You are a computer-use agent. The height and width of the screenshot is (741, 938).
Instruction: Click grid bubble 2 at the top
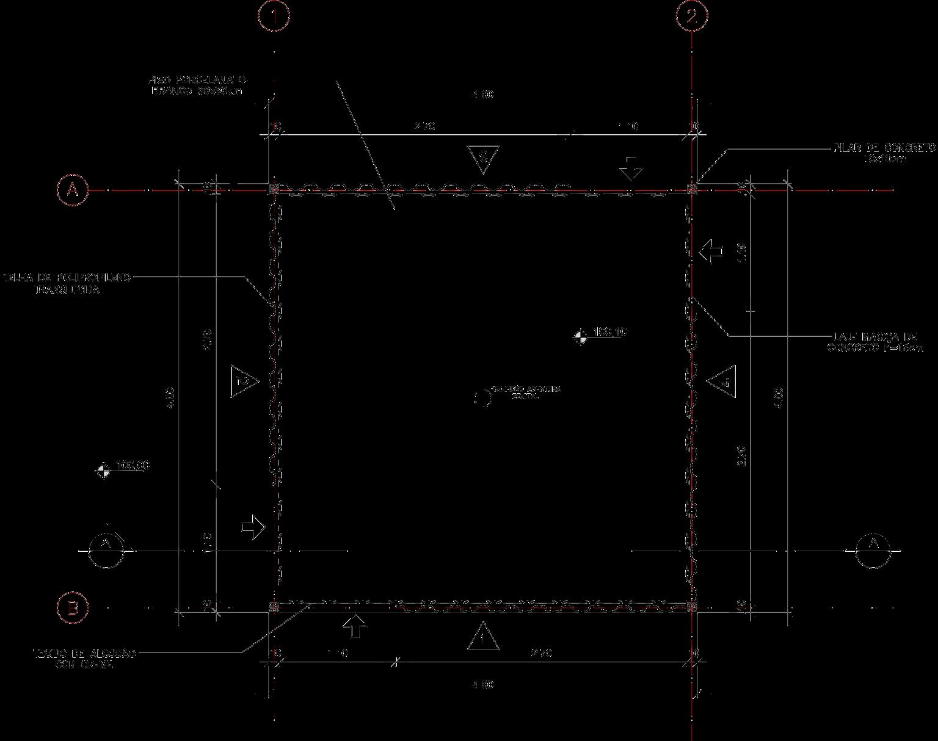tap(691, 16)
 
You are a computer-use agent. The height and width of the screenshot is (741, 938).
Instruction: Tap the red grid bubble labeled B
tap(73, 608)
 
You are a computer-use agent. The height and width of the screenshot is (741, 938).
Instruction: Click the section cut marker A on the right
tap(873, 551)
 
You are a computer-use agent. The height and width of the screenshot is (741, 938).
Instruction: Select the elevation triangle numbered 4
tap(722, 381)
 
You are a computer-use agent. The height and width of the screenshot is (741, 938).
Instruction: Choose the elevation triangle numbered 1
tap(483, 637)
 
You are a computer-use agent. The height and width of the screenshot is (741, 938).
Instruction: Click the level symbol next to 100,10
tap(580, 336)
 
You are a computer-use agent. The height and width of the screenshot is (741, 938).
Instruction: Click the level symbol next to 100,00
tap(104, 470)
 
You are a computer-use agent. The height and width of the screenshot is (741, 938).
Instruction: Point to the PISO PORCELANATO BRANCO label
tap(198, 85)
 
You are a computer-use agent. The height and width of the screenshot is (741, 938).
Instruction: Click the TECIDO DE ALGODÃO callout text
tap(84, 659)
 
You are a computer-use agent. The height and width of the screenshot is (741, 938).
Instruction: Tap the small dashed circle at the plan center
tap(483, 398)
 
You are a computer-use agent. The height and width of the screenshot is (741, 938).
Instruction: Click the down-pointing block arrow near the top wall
tap(631, 167)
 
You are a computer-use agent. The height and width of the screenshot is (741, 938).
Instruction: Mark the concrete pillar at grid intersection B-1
tap(274, 607)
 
